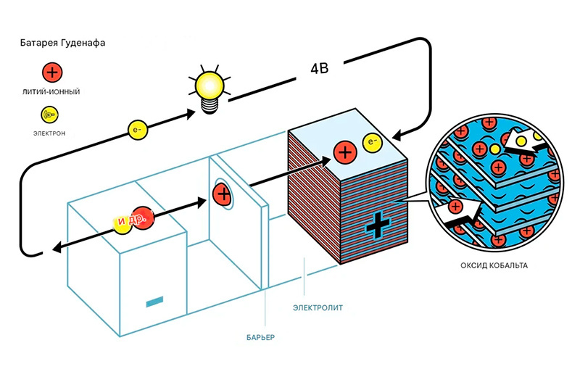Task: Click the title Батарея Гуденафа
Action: (64, 43)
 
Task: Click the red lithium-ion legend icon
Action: (51, 72)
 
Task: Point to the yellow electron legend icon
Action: (51, 114)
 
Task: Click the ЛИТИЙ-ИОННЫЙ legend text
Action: (51, 93)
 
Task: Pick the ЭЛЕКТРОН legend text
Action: (51, 133)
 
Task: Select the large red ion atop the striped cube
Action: (344, 153)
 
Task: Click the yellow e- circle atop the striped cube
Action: (373, 143)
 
